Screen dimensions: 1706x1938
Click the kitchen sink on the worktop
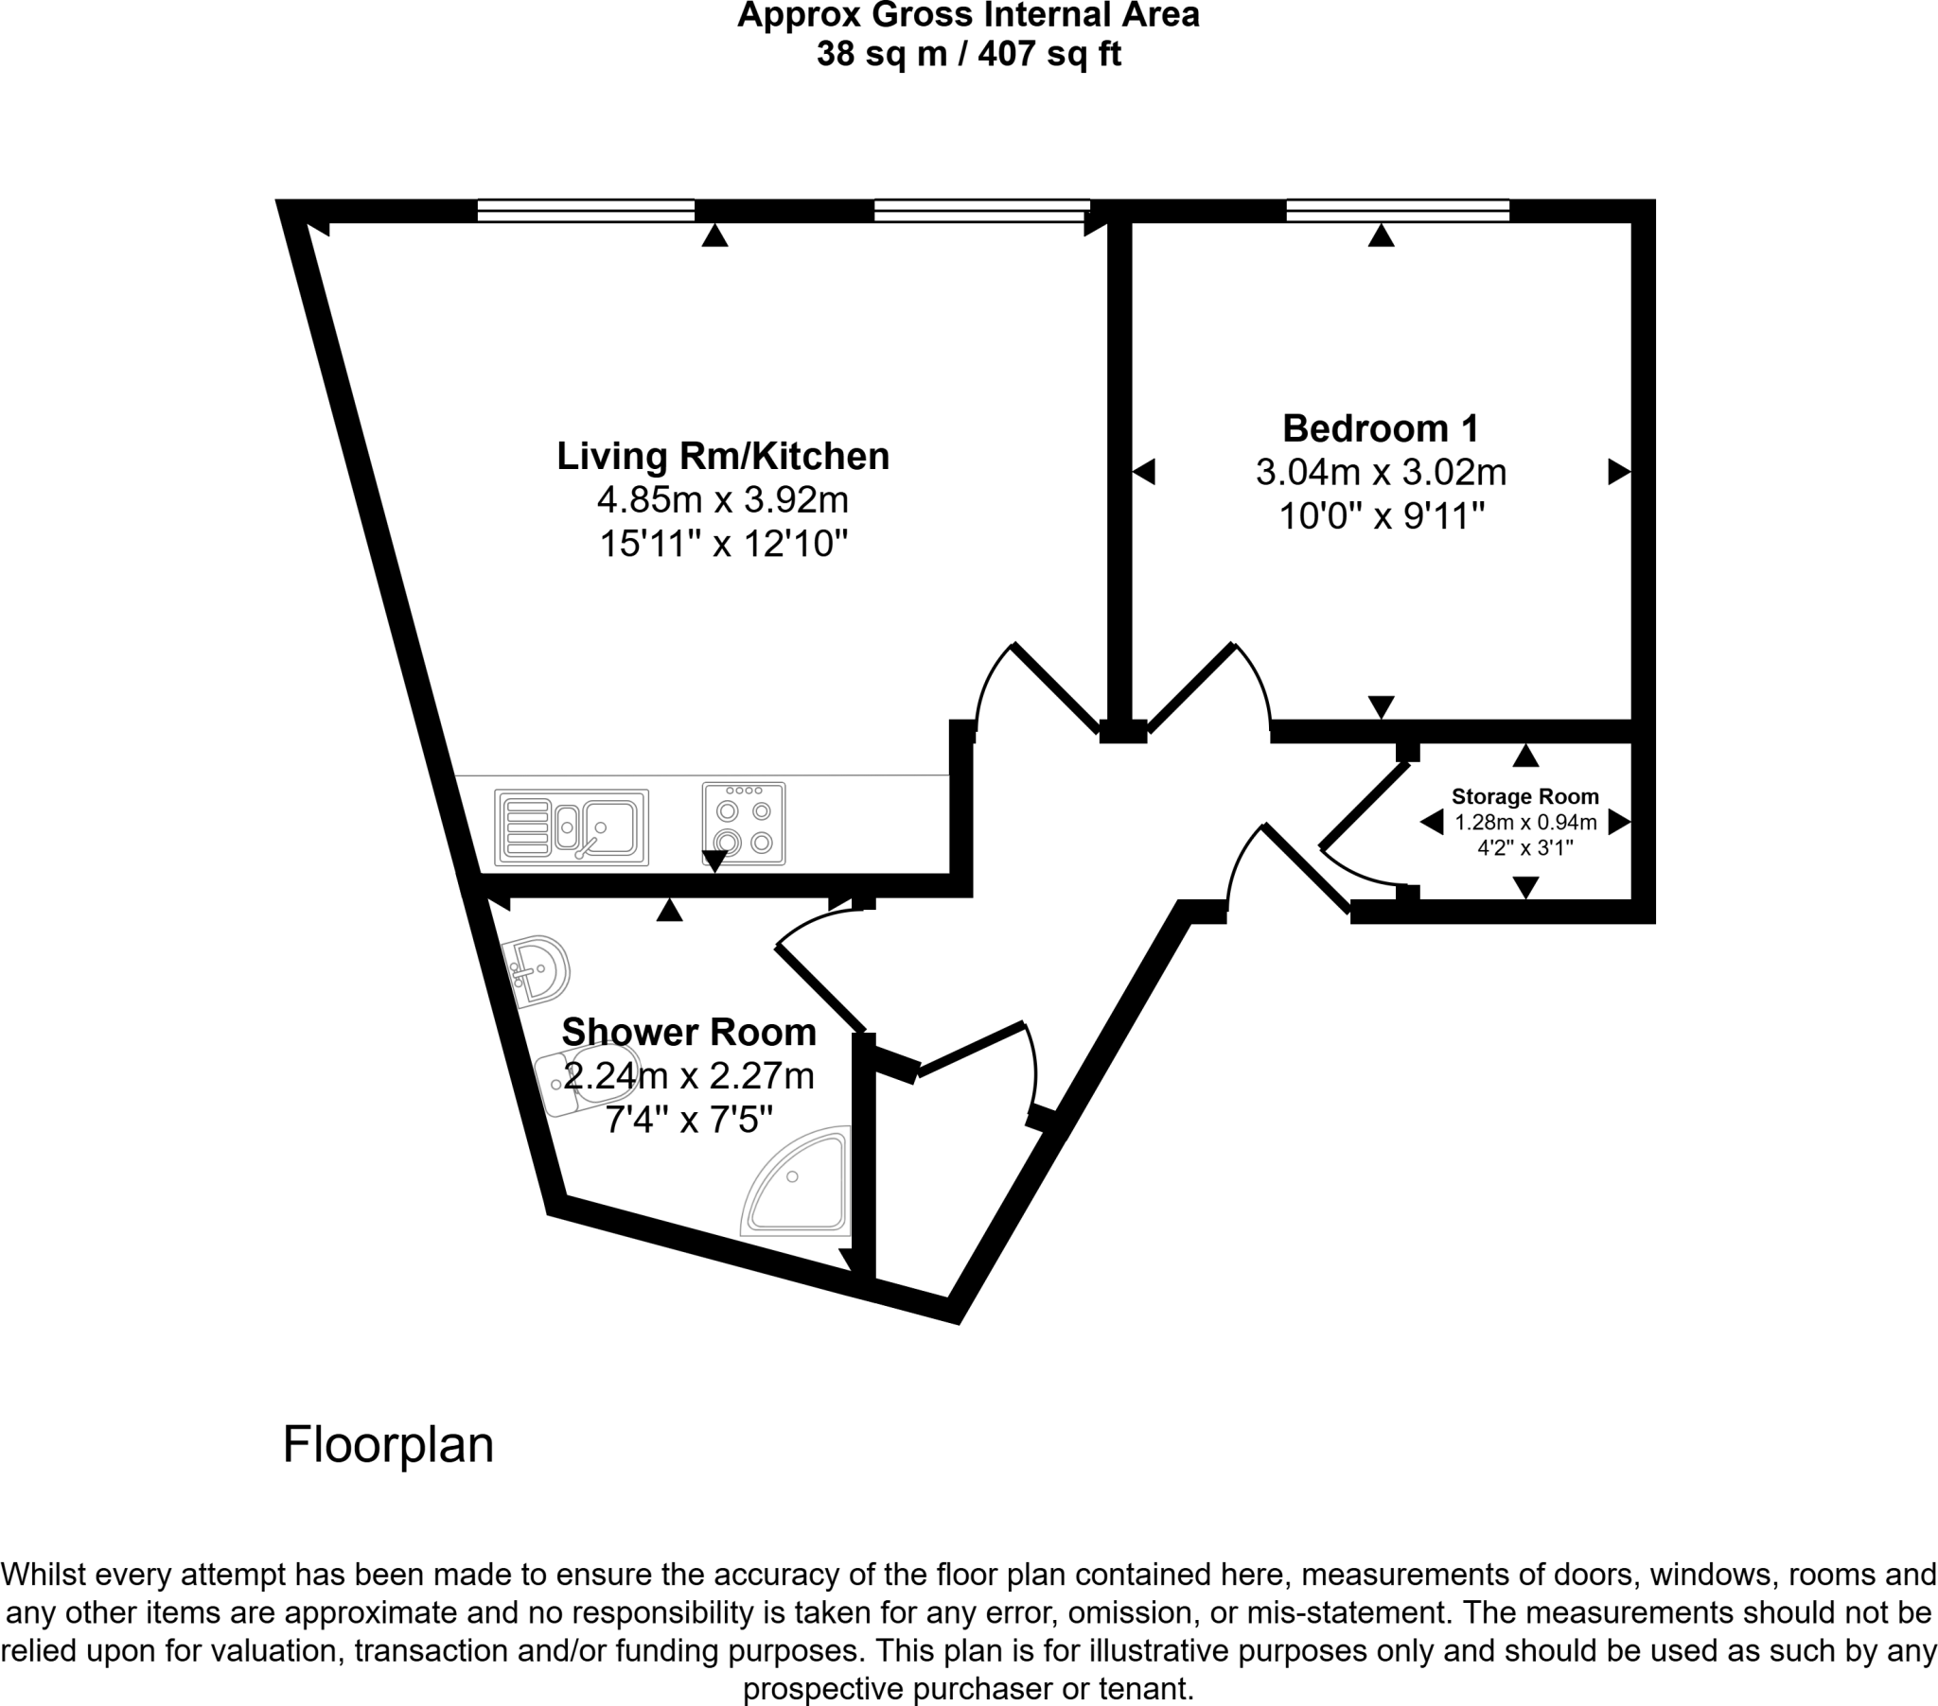[572, 827]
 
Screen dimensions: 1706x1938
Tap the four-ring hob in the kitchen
[744, 824]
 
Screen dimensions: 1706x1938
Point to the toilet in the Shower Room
[588, 1081]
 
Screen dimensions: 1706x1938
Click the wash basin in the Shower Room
[538, 970]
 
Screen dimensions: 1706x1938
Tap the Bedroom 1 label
[1381, 428]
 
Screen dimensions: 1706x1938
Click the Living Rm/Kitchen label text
[722, 456]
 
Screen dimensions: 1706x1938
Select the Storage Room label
[1524, 797]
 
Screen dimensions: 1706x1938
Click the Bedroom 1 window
[1398, 210]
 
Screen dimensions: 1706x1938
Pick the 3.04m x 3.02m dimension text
[1381, 472]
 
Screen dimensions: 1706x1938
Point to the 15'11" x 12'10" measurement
[722, 544]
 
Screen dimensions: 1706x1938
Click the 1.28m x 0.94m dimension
[1525, 823]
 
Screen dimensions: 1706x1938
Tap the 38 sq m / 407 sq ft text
[968, 54]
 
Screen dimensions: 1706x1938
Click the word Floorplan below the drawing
[388, 1445]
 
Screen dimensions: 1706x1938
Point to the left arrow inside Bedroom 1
[1144, 471]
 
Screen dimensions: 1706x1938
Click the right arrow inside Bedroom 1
[1618, 471]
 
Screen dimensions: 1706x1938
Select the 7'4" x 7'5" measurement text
[689, 1122]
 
